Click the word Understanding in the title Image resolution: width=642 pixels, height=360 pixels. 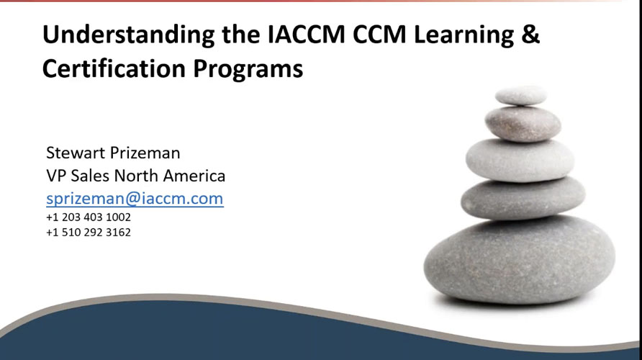116,34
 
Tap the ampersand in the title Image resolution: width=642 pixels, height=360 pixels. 531,34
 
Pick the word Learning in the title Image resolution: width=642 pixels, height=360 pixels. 458,34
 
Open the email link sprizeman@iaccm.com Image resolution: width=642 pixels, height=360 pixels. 135,199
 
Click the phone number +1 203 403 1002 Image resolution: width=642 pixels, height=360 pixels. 89,217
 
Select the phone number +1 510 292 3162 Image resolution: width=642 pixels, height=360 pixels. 89,233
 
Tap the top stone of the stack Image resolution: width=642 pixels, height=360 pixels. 520,95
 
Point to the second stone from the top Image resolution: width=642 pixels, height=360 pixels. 522,122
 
